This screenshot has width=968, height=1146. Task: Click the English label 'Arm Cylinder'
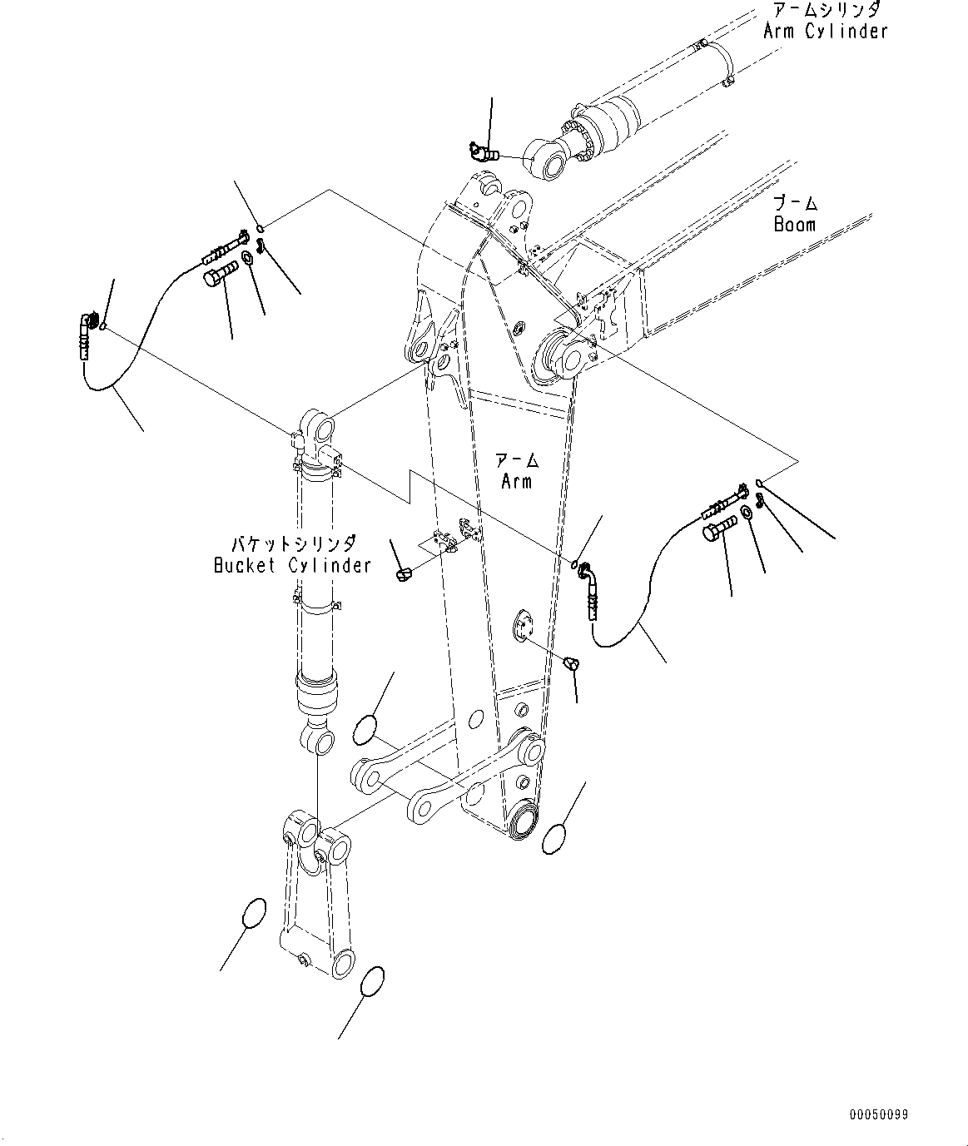825,31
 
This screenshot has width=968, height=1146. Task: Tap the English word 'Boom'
795,224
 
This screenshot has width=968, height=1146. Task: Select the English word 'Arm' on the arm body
516,481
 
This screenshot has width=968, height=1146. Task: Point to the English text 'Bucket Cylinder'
292,565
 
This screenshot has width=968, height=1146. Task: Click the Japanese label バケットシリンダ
294,543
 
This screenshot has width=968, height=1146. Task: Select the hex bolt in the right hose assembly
720,527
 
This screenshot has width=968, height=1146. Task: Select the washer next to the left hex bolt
247,256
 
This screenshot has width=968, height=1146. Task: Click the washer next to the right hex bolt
746,512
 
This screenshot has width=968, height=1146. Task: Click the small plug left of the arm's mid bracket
403,574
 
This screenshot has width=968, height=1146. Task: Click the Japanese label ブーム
796,203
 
